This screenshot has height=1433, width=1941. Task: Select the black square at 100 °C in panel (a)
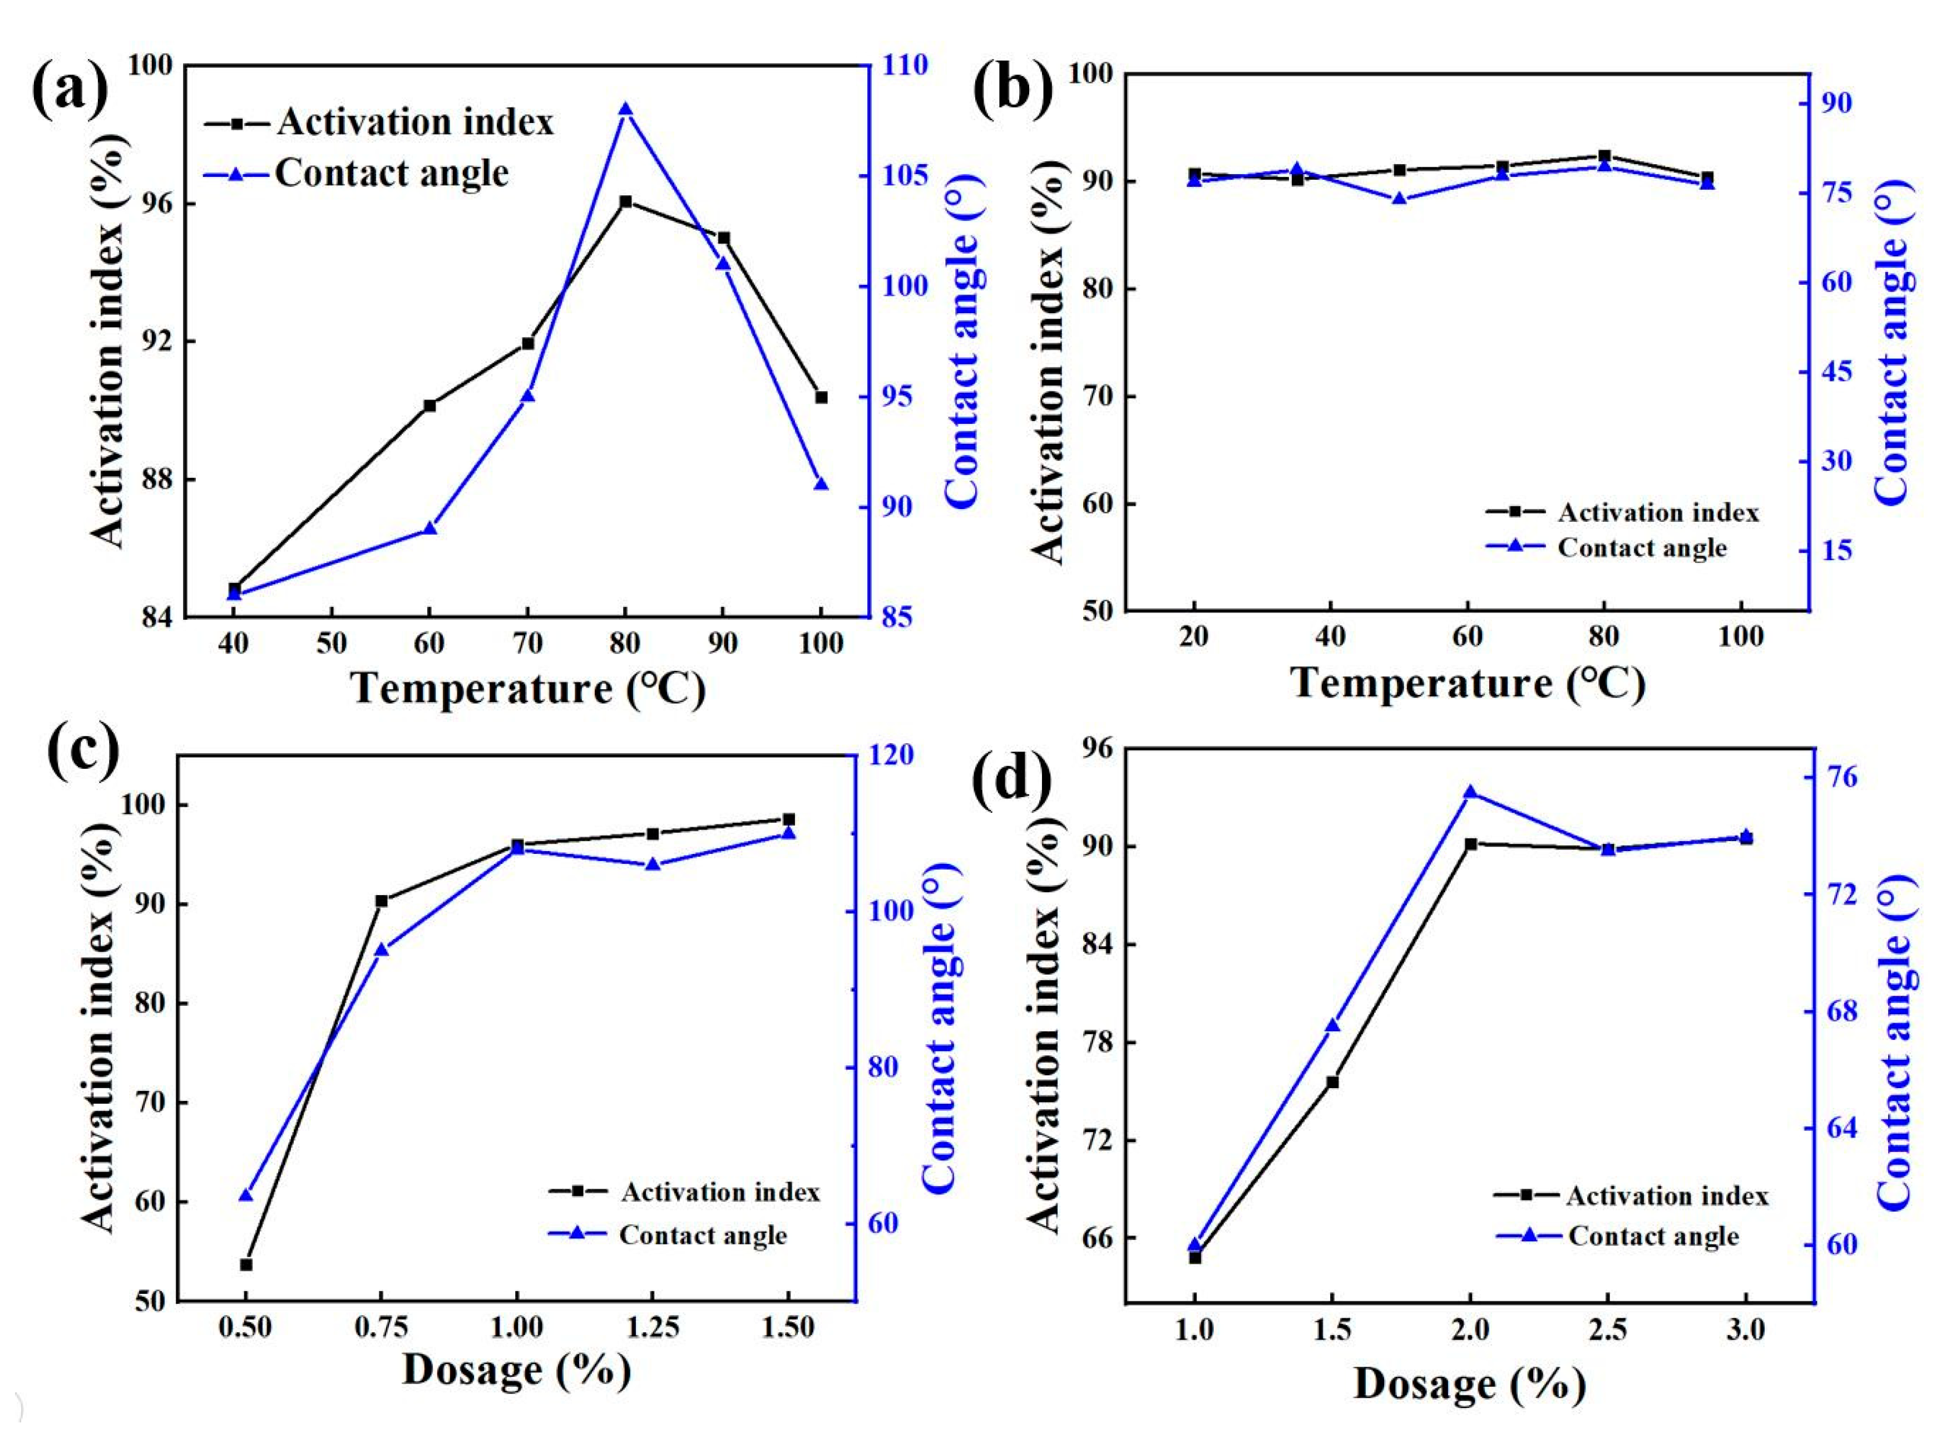coord(821,397)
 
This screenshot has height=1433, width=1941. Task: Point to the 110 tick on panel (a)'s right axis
coord(905,65)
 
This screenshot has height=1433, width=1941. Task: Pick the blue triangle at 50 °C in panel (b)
coord(1399,199)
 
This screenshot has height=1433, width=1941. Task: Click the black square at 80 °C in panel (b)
coord(1604,156)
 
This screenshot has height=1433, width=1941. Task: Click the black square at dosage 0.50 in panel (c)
coord(246,1264)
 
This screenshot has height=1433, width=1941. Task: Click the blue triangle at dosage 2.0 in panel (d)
coord(1470,792)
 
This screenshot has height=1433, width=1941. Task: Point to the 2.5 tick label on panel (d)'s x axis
coord(1607,1330)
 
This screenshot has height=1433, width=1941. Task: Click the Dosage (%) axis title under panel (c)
coord(516,1371)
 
